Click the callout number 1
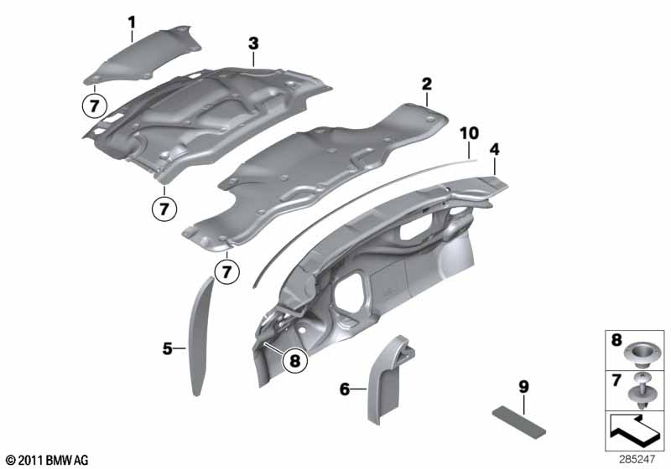point(132,23)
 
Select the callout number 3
point(253,44)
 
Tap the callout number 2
point(426,84)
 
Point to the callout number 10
point(470,133)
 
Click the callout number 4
point(494,150)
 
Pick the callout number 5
point(167,348)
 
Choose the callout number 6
point(345,389)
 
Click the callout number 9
point(523,387)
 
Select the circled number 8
point(295,360)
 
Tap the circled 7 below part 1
point(94,106)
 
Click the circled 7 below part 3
point(164,209)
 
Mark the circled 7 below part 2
point(226,271)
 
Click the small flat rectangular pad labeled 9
point(519,422)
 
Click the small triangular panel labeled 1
point(143,54)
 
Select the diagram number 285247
point(637,460)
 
